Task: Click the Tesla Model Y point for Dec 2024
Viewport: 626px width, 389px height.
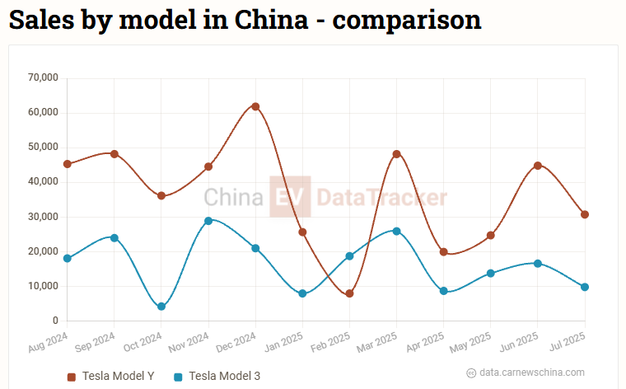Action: pyautogui.click(x=255, y=106)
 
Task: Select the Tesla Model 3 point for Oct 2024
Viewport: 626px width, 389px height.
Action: pyautogui.click(x=161, y=307)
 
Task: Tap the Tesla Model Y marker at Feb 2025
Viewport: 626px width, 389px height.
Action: pyautogui.click(x=349, y=293)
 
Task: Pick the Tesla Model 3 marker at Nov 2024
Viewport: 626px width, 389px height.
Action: pyautogui.click(x=208, y=221)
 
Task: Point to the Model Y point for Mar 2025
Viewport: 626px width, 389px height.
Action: pyautogui.click(x=396, y=154)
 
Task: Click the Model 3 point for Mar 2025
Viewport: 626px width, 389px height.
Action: pyautogui.click(x=396, y=231)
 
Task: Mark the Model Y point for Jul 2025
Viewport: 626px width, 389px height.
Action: pyautogui.click(x=585, y=214)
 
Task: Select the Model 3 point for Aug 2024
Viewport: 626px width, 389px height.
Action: pyautogui.click(x=68, y=259)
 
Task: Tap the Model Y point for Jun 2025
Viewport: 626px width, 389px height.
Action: pyautogui.click(x=538, y=166)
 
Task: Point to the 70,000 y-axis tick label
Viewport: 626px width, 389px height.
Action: pyautogui.click(x=43, y=78)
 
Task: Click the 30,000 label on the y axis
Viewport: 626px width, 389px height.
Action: pyautogui.click(x=43, y=217)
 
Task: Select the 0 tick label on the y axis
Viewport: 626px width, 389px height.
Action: pyautogui.click(x=55, y=321)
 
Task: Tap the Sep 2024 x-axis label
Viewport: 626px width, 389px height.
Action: pyautogui.click(x=94, y=341)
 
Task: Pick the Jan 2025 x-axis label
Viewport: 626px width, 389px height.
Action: pyautogui.click(x=283, y=341)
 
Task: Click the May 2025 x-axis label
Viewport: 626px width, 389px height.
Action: pyautogui.click(x=471, y=341)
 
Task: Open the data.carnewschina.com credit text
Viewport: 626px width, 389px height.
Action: pyautogui.click(x=532, y=373)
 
